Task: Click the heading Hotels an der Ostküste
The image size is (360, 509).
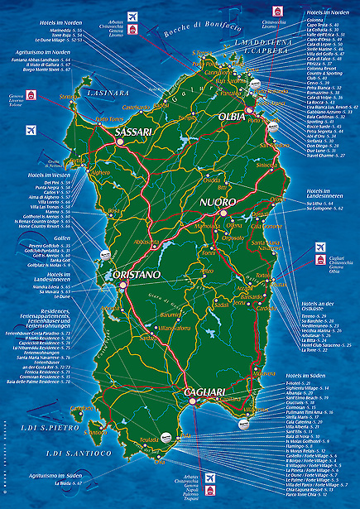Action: pos(324,308)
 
